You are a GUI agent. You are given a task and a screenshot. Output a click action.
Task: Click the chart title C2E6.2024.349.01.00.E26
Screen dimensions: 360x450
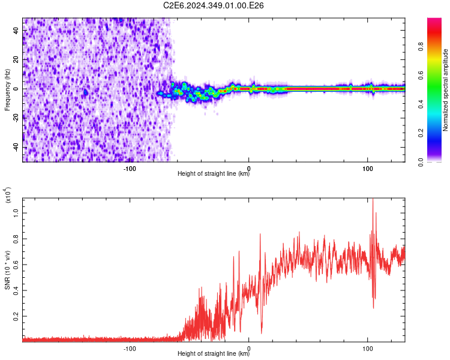coord(214,5)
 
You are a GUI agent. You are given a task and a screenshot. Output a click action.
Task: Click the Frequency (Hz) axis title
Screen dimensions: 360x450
coord(7,90)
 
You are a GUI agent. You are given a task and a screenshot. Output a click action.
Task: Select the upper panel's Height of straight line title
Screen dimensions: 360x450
coord(214,174)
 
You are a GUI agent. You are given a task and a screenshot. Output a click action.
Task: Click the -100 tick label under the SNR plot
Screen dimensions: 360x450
coord(130,348)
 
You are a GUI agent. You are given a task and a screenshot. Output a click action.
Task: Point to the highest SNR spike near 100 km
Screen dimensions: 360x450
coord(373,200)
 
